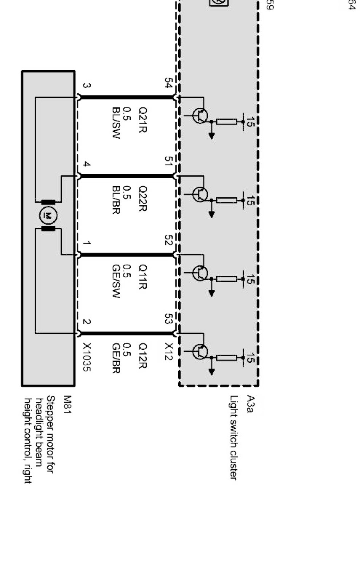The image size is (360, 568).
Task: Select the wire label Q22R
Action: [142, 198]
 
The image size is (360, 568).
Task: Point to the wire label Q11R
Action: [142, 277]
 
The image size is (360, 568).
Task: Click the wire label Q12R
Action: [142, 356]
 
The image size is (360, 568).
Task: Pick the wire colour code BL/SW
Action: [116, 123]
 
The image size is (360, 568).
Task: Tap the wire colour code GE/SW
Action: [116, 281]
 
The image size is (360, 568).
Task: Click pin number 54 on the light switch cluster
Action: [168, 83]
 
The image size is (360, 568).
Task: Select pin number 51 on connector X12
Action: [168, 161]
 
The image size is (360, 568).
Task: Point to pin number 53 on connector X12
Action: [168, 318]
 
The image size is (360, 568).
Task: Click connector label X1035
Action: [87, 357]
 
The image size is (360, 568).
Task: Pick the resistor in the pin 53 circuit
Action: [226, 358]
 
